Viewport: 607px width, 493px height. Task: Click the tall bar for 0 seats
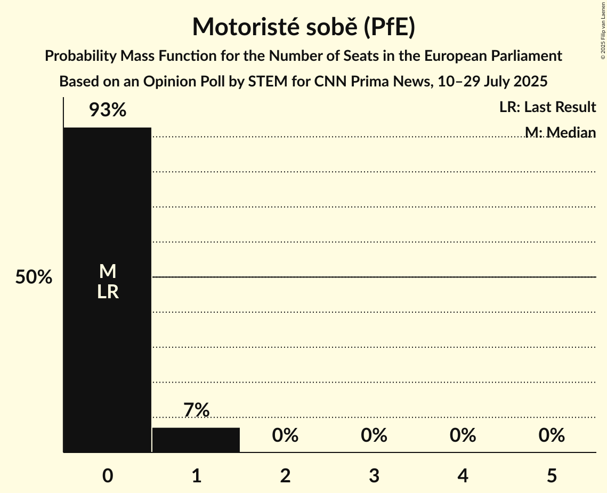point(107,213)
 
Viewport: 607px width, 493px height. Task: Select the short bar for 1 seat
point(196,440)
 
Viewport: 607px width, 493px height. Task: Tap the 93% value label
point(107,110)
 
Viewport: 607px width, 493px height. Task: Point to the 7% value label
point(196,410)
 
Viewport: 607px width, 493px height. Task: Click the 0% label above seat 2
point(285,435)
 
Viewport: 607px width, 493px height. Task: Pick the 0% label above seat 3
point(374,435)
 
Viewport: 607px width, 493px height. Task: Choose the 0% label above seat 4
point(463,435)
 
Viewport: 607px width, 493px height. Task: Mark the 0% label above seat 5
point(551,435)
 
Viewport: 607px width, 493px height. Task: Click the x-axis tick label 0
point(108,476)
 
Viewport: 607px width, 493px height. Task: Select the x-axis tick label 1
point(196,476)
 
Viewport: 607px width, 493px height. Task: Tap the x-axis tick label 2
point(285,476)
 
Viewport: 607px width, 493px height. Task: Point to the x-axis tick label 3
point(374,476)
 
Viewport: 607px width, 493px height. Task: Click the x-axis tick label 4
point(463,476)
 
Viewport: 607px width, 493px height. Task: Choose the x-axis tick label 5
point(551,476)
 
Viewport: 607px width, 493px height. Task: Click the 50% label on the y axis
point(34,277)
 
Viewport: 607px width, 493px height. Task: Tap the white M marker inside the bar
point(108,272)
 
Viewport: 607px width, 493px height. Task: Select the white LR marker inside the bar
point(108,292)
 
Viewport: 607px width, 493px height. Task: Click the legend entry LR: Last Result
point(547,107)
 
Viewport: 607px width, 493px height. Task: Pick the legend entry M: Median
point(560,132)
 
